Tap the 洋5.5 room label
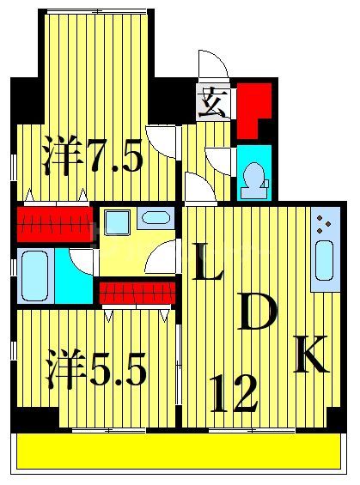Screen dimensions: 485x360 [x=95, y=370]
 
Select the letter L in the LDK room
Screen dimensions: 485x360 [x=207, y=263]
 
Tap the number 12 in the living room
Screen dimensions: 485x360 [x=231, y=396]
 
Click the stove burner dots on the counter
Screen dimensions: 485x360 [x=324, y=225]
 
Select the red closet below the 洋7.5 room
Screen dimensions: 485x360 [x=52, y=226]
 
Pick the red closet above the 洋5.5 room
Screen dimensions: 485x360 [x=137, y=294]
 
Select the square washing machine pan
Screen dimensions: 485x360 [x=117, y=222]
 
